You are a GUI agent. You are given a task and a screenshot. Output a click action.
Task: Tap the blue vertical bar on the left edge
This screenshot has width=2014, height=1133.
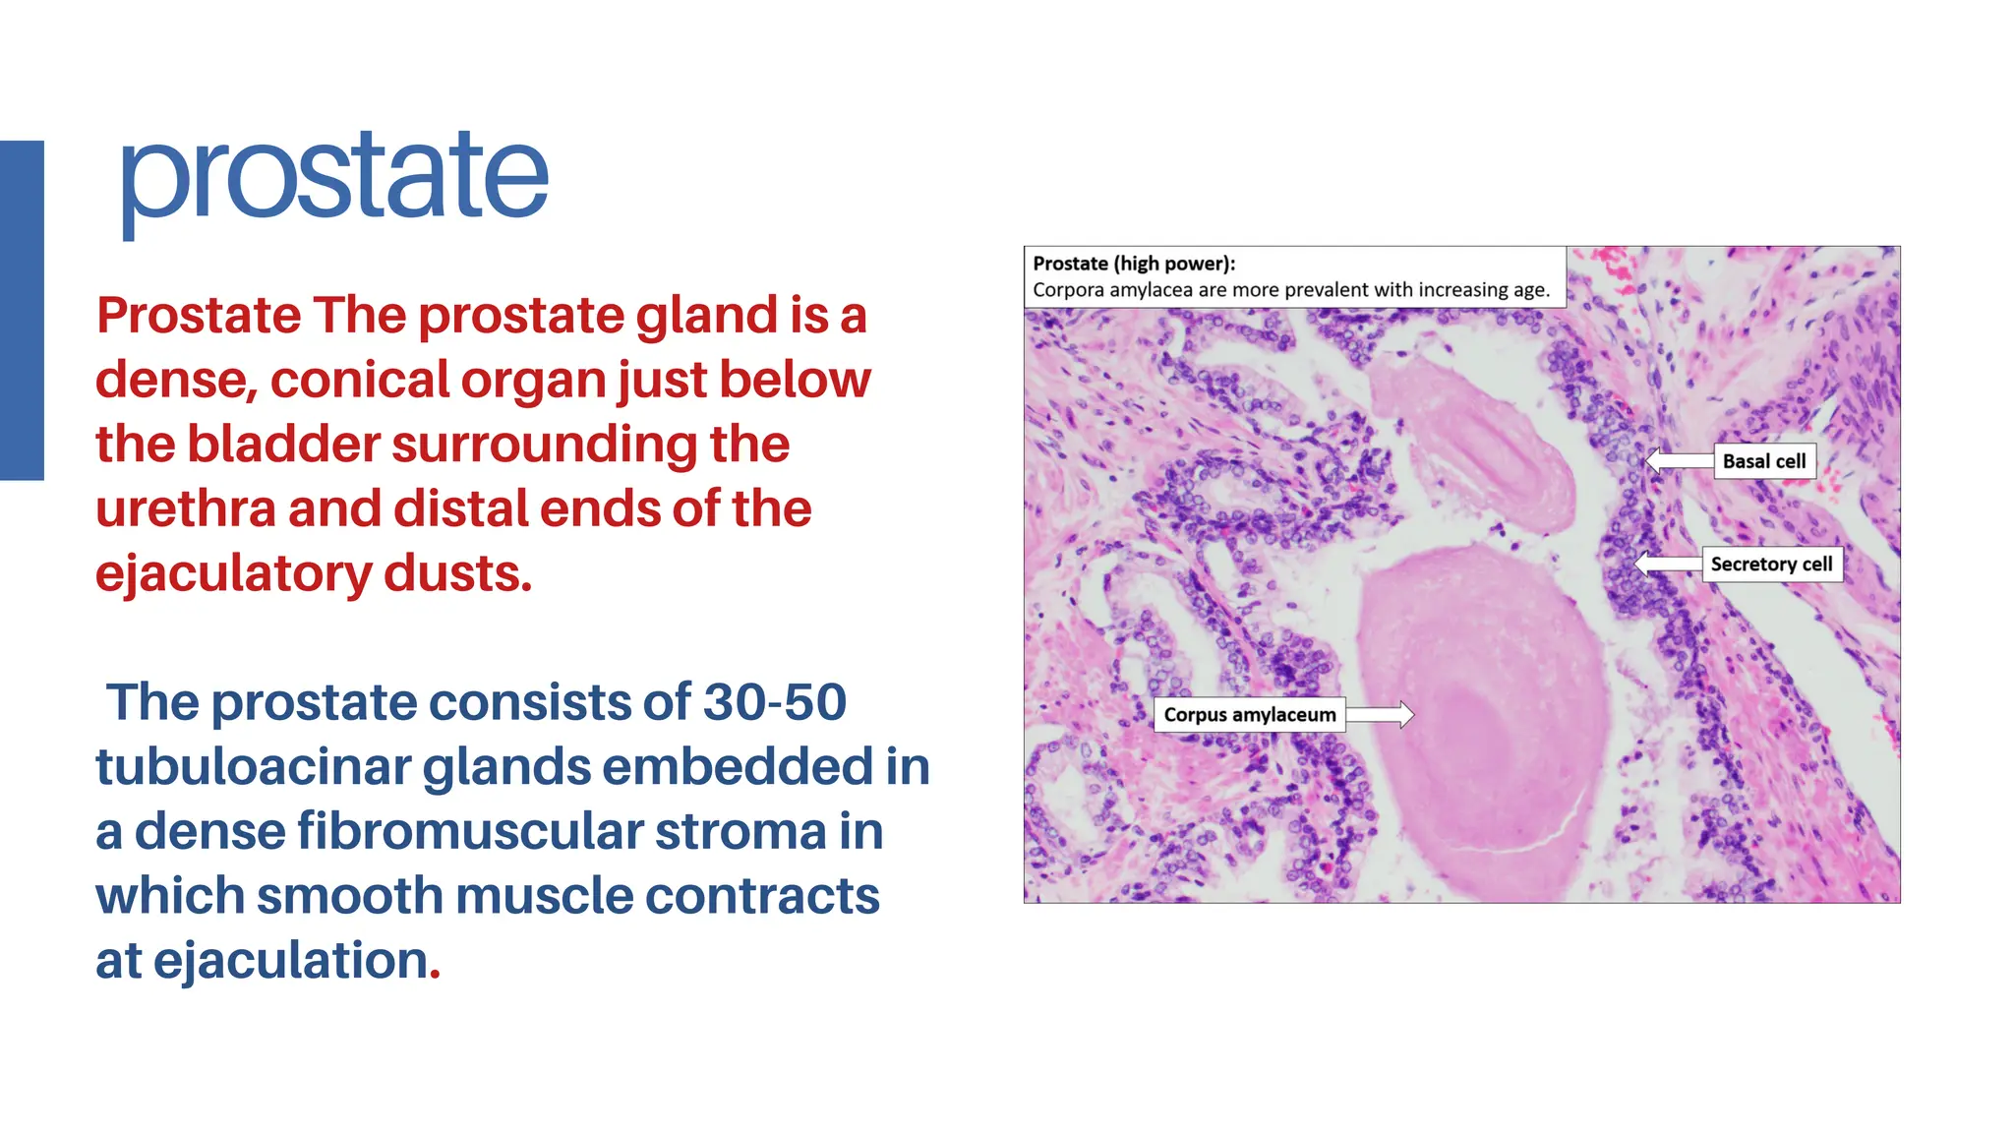(x=22, y=310)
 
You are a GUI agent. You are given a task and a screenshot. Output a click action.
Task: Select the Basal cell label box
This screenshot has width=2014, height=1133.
(x=1764, y=461)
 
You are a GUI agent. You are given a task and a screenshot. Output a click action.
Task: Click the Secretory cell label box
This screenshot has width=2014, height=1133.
(x=1771, y=565)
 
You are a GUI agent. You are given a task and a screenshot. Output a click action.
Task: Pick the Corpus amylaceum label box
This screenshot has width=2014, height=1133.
(x=1249, y=715)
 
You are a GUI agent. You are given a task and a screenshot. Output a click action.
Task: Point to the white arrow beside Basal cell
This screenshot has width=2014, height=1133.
(x=1679, y=460)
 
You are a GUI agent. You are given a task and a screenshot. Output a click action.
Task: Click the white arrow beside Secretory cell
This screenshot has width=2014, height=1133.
(x=1668, y=565)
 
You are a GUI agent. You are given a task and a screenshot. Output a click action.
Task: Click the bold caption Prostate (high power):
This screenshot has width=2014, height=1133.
(x=1134, y=264)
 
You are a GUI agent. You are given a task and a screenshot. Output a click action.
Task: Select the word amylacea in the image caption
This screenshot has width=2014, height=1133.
(x=1152, y=290)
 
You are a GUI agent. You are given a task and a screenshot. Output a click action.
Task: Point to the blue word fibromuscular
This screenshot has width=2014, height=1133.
(x=470, y=831)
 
